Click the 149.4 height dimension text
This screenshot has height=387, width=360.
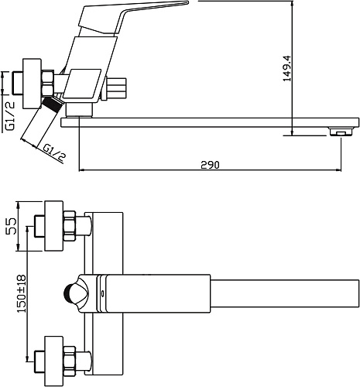point(286,68)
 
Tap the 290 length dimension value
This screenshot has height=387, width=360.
point(210,165)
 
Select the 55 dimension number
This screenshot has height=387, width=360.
point(11,226)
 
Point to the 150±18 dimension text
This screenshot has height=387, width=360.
point(22,294)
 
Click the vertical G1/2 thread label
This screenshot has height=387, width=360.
point(10,115)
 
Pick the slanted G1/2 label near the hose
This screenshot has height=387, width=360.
point(53,152)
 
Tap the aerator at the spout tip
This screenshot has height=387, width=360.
point(341,132)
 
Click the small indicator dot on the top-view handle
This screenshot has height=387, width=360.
point(103,293)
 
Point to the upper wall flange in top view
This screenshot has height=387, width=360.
point(54,226)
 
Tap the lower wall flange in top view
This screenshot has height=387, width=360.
point(54,361)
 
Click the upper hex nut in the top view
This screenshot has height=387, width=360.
point(70,226)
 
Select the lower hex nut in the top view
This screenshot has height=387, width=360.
point(70,361)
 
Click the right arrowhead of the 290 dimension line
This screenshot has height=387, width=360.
point(339,170)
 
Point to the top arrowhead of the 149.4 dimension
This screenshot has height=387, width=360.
point(292,4)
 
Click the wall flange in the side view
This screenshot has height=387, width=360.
point(32,84)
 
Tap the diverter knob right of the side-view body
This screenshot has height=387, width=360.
point(117,87)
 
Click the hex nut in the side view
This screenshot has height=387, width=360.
point(48,84)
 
